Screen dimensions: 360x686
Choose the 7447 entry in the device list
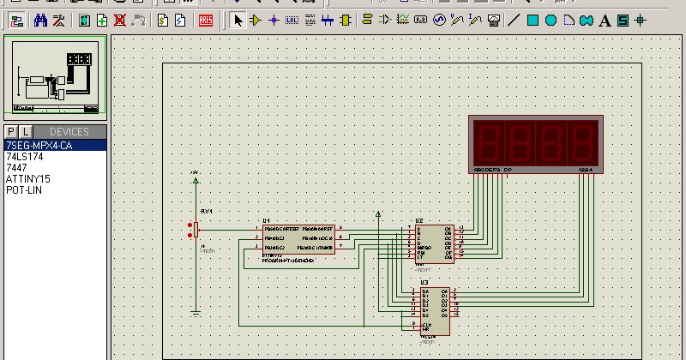(x=16, y=167)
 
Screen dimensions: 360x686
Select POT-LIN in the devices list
(x=24, y=189)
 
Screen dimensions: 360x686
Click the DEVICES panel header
(x=69, y=132)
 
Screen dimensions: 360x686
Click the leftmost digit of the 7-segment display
(x=492, y=142)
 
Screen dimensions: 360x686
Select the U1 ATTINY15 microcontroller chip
(x=298, y=238)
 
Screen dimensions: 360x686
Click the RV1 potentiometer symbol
(x=196, y=229)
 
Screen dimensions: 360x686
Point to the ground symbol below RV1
(x=196, y=313)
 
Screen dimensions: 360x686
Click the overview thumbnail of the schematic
(x=56, y=76)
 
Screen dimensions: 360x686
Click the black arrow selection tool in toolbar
(x=238, y=20)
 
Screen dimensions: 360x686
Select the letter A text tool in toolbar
(x=623, y=20)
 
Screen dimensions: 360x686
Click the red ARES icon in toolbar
(x=207, y=20)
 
